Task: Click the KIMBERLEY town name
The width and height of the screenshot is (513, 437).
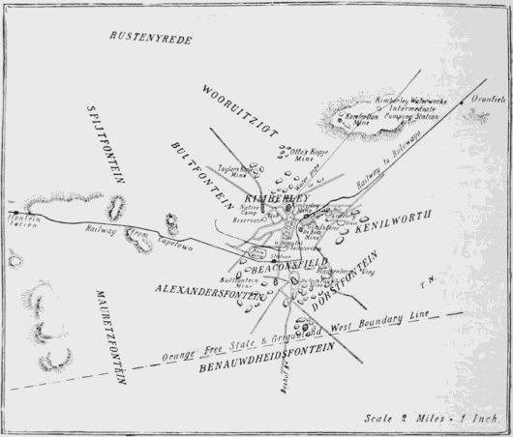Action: (x=263, y=198)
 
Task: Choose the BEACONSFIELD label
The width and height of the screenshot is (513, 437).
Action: (x=289, y=264)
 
